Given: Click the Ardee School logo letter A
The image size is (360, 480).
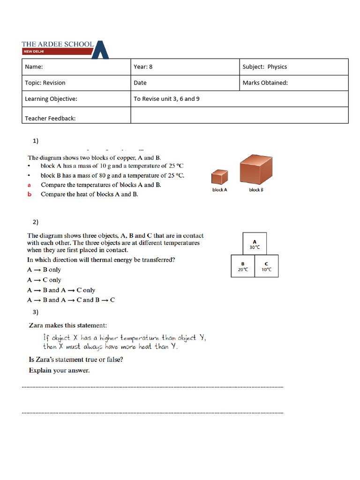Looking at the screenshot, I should click(x=100, y=50).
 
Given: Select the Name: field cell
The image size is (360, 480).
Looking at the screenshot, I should click(x=76, y=67).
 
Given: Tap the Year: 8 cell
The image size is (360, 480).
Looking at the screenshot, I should click(x=185, y=67).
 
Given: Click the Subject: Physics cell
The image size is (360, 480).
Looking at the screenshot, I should click(x=293, y=67).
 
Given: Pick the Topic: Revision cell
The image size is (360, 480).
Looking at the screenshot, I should click(x=76, y=83).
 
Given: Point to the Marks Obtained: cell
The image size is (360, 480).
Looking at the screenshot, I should click(x=293, y=83).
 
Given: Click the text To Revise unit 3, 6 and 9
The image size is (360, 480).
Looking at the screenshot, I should click(x=166, y=99).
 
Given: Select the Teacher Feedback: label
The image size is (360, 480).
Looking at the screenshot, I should click(x=50, y=118).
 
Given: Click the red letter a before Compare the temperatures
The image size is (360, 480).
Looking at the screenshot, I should click(x=29, y=185).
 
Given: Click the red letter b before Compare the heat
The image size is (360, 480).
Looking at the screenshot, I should click(x=29, y=194).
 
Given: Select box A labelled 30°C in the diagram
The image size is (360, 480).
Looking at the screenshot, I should click(x=255, y=244).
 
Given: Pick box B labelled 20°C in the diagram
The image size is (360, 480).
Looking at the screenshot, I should click(x=243, y=266).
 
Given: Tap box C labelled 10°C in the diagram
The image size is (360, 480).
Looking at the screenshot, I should click(x=266, y=266).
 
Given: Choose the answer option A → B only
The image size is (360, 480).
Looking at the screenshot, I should click(x=44, y=270).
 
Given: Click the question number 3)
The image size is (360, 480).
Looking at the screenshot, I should click(x=36, y=312).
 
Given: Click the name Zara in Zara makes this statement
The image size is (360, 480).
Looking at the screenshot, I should click(x=37, y=325).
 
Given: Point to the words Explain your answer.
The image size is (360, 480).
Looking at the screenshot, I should click(x=59, y=370).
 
